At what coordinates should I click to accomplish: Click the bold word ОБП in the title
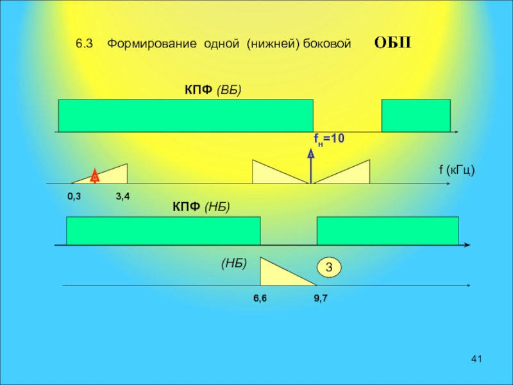click(x=392, y=43)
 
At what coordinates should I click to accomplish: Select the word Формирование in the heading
click(x=151, y=44)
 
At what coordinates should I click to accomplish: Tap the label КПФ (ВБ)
click(x=213, y=90)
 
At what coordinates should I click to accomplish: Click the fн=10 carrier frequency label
click(x=329, y=139)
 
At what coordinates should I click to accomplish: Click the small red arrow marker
click(x=94, y=176)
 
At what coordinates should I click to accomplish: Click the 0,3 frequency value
click(x=74, y=196)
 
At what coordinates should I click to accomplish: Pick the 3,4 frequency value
click(x=122, y=196)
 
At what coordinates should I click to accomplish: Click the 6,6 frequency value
click(x=260, y=298)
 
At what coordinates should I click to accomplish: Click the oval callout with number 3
click(x=329, y=267)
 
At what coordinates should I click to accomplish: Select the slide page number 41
click(x=476, y=358)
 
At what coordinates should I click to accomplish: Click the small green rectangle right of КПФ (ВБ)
click(x=416, y=116)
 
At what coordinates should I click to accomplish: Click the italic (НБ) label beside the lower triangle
click(x=234, y=263)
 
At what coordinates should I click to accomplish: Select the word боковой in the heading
click(x=327, y=44)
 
